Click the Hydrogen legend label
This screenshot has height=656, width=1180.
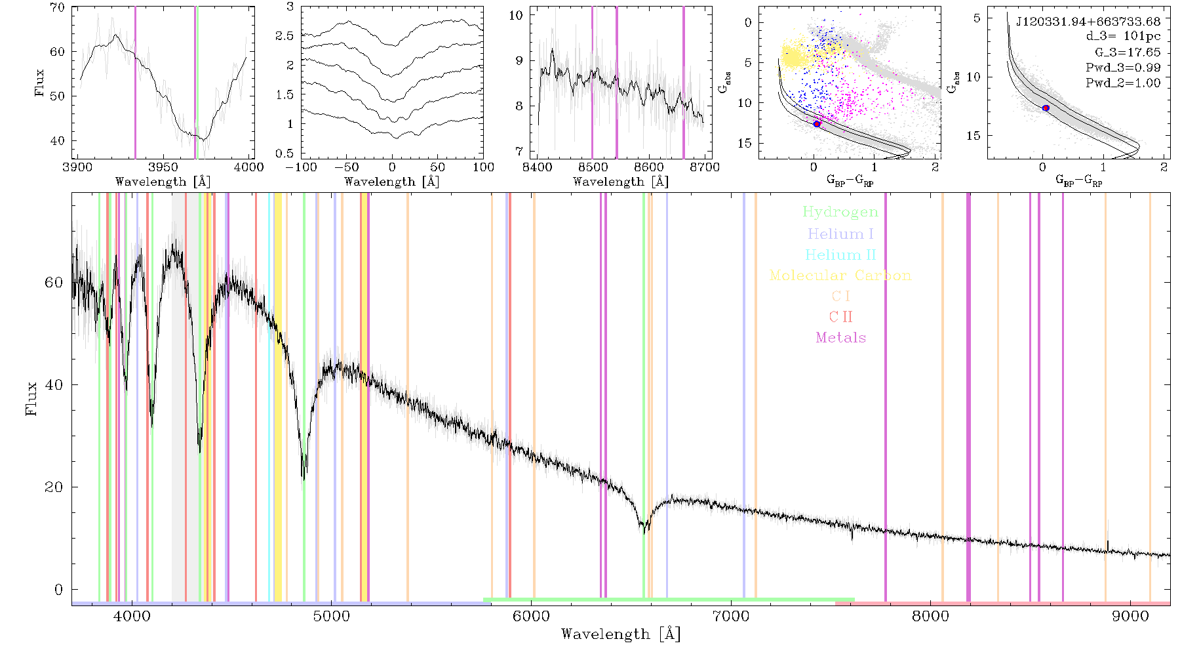tap(840, 212)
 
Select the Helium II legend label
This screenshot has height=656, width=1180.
tap(840, 255)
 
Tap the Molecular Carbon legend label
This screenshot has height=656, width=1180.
tap(840, 276)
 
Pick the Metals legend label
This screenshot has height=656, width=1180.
tap(840, 338)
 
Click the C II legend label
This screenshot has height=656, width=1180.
tap(840, 317)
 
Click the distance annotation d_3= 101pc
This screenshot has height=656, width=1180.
tap(1123, 37)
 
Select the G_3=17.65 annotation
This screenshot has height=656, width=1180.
tap(1128, 52)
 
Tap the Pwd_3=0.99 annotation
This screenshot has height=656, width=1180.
tap(1123, 68)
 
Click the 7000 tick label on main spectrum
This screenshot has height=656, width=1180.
tap(731, 616)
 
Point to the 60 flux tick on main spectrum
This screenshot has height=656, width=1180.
tap(54, 283)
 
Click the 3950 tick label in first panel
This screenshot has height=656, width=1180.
tap(163, 167)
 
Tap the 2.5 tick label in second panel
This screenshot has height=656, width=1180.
tap(285, 36)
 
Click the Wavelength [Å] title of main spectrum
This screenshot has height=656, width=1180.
tap(621, 634)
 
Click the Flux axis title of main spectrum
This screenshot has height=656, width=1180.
tap(31, 399)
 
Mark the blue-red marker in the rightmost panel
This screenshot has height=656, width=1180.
tap(1046, 108)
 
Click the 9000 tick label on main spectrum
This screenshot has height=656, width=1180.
tap(1130, 616)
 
